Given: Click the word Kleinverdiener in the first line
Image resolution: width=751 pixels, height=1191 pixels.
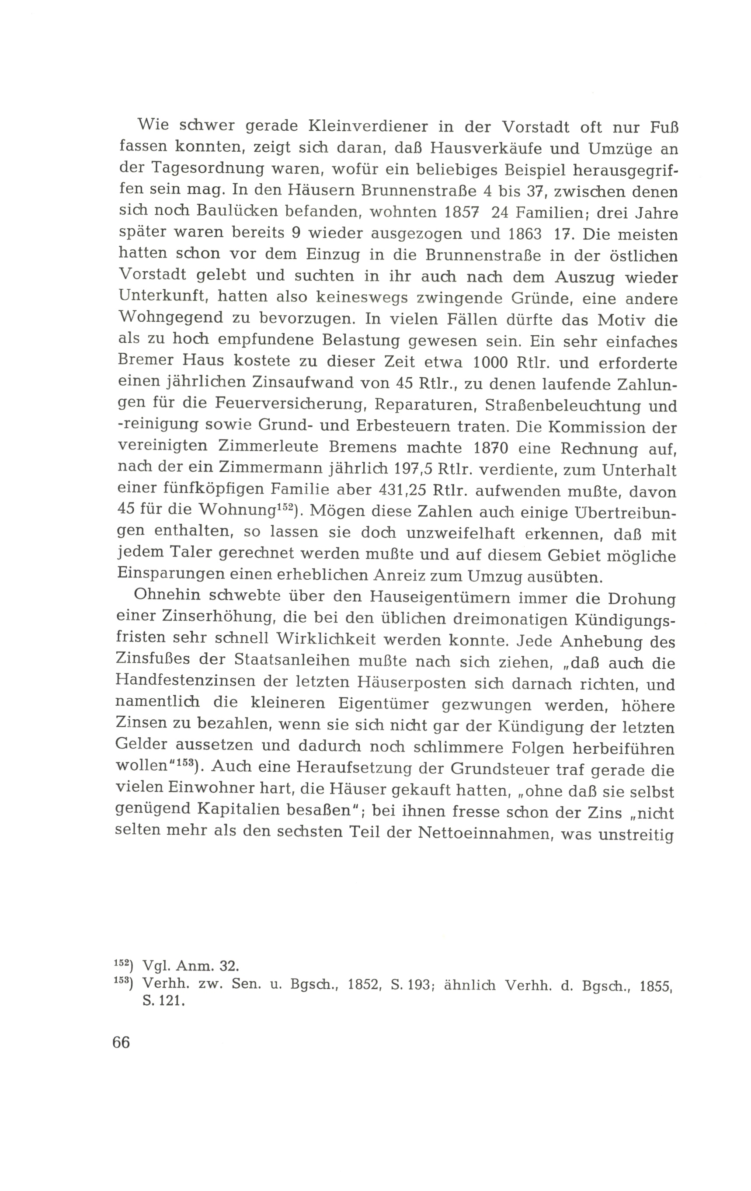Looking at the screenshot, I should pos(373,127).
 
